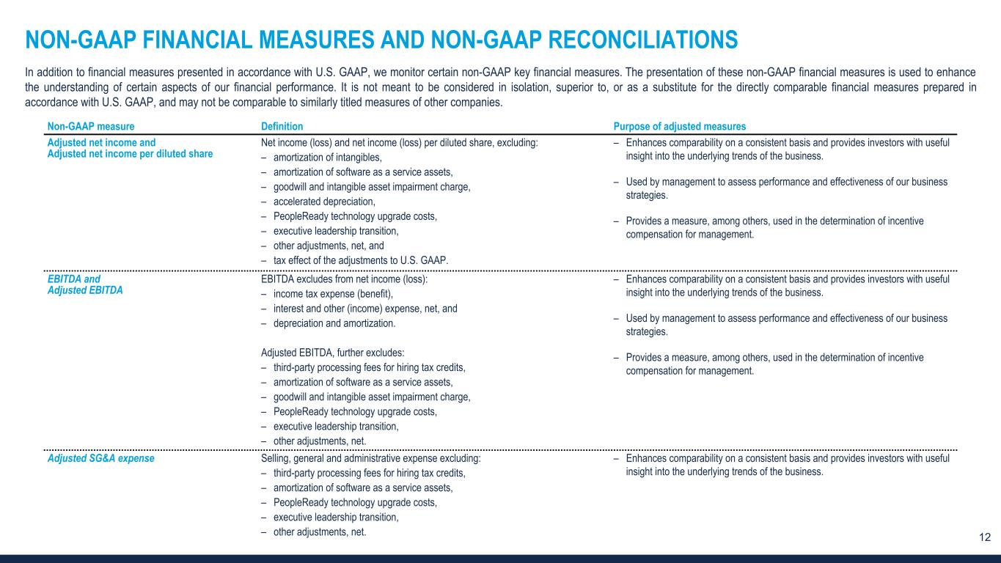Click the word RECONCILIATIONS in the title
pos(630,39)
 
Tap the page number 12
pos(985,537)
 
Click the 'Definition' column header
pos(282,126)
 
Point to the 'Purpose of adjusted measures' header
pos(680,126)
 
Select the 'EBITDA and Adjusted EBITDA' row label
pos(84,284)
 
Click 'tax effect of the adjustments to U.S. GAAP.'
pos(361,260)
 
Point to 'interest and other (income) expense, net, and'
pos(364,309)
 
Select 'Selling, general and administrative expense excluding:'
pos(371,458)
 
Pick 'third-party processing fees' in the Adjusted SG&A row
pos(328,473)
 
